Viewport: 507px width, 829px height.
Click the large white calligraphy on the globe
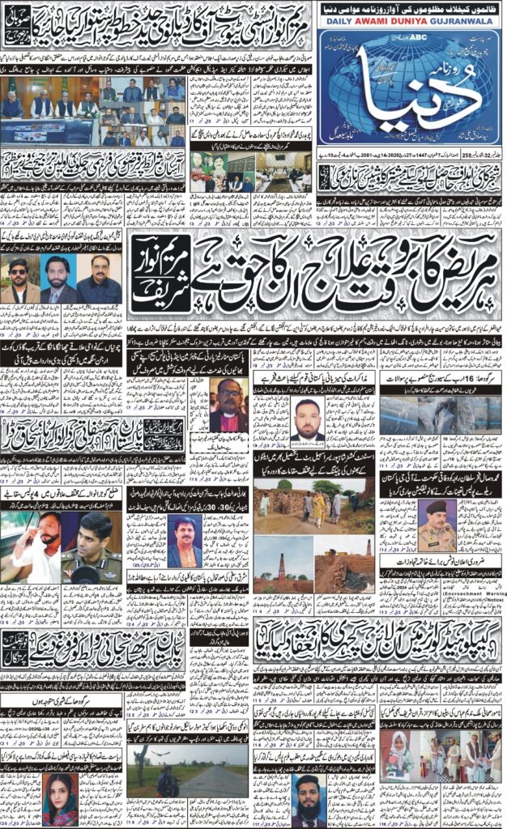[x=409, y=97]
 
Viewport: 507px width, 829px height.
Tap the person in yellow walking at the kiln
[x=318, y=506]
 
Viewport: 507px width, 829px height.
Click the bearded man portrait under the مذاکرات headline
[x=306, y=419]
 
